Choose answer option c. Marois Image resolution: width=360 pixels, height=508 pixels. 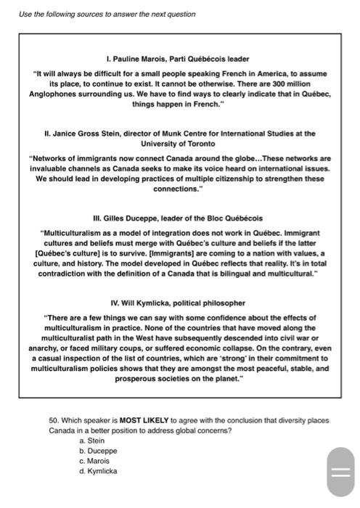[94, 461]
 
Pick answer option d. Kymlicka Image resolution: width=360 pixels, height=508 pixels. [98, 471]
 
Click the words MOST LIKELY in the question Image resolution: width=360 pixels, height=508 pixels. [142, 420]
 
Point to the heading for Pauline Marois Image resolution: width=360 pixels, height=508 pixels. [178, 59]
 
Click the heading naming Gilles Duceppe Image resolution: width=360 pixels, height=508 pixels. [178, 218]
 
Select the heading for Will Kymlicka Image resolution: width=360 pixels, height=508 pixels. [178, 303]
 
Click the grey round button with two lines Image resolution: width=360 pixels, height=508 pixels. [340, 472]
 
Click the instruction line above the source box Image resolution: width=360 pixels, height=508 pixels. [107, 15]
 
